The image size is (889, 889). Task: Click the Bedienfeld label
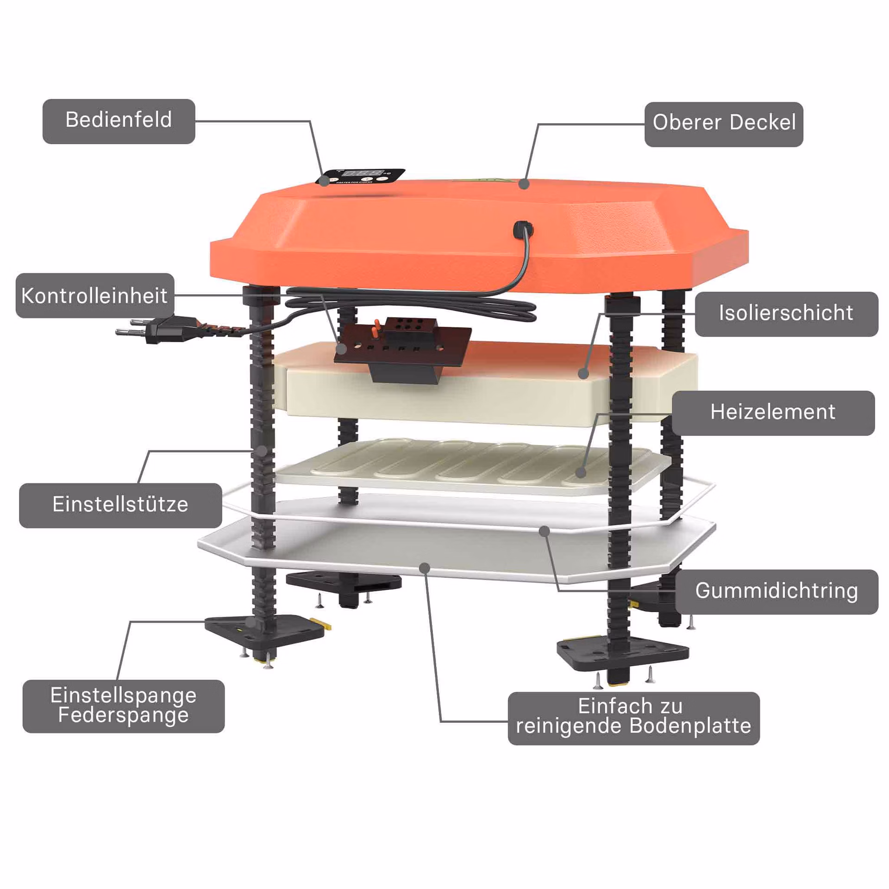click(119, 121)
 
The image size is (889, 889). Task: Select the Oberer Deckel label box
click(724, 125)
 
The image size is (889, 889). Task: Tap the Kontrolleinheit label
click(95, 295)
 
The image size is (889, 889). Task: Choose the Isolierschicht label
click(786, 314)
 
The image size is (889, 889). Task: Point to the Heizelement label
click(773, 413)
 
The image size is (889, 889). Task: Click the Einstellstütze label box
click(120, 506)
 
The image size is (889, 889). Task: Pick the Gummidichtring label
click(776, 592)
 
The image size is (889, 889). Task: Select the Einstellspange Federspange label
click(124, 706)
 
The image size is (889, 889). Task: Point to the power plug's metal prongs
click(131, 326)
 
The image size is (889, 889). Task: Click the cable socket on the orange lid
click(524, 229)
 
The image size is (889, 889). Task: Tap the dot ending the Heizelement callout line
click(581, 472)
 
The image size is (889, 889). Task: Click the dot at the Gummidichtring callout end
click(545, 531)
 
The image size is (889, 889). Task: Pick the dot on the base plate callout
click(425, 568)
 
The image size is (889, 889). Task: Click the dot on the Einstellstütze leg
click(263, 451)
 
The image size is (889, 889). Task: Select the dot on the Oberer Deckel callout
click(524, 184)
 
